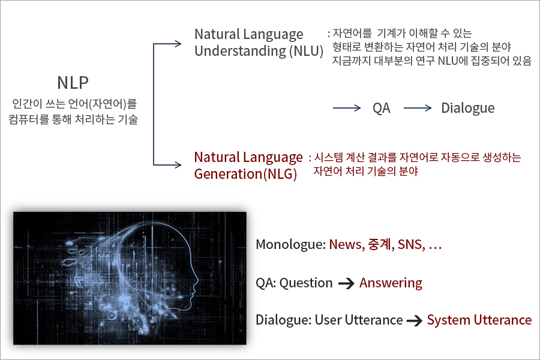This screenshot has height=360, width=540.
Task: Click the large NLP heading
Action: pyautogui.click(x=73, y=83)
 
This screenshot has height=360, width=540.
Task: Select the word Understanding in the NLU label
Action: pyautogui.click(x=240, y=52)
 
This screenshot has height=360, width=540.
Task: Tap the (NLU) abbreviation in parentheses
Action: pyautogui.click(x=306, y=52)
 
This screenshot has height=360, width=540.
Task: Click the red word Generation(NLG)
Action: pyautogui.click(x=245, y=174)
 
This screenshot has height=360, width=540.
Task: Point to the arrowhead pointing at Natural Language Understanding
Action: pyautogui.click(x=178, y=44)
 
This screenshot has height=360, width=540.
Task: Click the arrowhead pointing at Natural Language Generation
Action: pyautogui.click(x=178, y=164)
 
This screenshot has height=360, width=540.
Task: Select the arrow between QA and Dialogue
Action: pyautogui.click(x=418, y=108)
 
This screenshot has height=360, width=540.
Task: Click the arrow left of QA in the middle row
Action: pyautogui.click(x=347, y=108)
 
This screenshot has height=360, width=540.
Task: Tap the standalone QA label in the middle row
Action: pyautogui.click(x=382, y=108)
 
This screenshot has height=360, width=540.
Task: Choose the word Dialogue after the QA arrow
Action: pyautogui.click(x=467, y=108)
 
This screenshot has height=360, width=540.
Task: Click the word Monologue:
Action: pyautogui.click(x=290, y=245)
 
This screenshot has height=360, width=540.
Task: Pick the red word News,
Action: pyautogui.click(x=347, y=245)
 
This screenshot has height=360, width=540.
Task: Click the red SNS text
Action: pyautogui.click(x=411, y=245)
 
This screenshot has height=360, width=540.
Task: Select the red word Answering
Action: pyautogui.click(x=391, y=283)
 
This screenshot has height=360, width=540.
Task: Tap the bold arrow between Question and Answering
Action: pyautogui.click(x=346, y=284)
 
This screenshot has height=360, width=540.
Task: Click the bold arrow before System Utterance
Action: pyautogui.click(x=414, y=321)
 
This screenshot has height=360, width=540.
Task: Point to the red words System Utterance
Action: pyautogui.click(x=479, y=320)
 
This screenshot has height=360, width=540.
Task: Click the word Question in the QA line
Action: pyautogui.click(x=306, y=283)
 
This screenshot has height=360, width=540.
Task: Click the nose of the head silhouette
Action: pyautogui.click(x=197, y=282)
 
